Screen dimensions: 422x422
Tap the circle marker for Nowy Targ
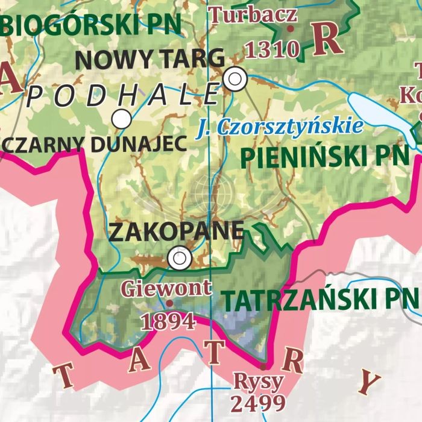click(235, 78)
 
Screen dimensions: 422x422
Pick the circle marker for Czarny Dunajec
click(122, 119)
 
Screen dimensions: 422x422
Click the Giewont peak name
click(166, 287)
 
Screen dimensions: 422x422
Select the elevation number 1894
click(168, 321)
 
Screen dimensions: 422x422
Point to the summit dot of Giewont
click(169, 303)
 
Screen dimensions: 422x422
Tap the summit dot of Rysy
click(263, 366)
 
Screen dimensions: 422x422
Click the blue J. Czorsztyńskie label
click(280, 127)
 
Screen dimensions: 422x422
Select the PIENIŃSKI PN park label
click(324, 157)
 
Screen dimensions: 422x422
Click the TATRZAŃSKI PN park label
click(320, 298)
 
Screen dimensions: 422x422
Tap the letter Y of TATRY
click(371, 380)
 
